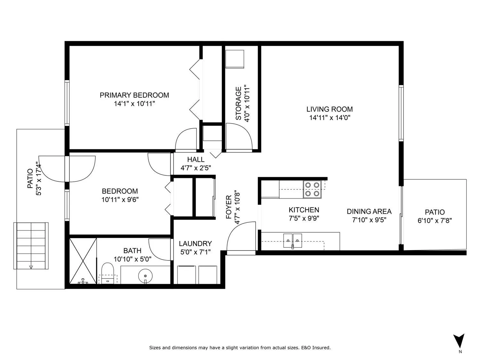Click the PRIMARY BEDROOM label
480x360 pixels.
[134, 95]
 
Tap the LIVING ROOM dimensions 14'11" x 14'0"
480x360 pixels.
[330, 118]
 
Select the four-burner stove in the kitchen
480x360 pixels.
[312, 189]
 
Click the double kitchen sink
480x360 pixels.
[292, 241]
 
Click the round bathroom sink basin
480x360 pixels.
[145, 276]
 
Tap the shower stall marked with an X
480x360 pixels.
[83, 261]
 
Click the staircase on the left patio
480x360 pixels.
[31, 246]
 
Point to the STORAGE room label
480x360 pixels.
[238, 103]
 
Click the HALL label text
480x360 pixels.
[196, 160]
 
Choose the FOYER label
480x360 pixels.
[228, 207]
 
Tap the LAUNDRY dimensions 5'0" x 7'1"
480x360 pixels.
[195, 252]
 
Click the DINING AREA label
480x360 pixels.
[369, 212]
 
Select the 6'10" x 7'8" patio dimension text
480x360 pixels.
[435, 220]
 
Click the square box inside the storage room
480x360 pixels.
[235, 59]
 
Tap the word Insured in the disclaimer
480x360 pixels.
[321, 348]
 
